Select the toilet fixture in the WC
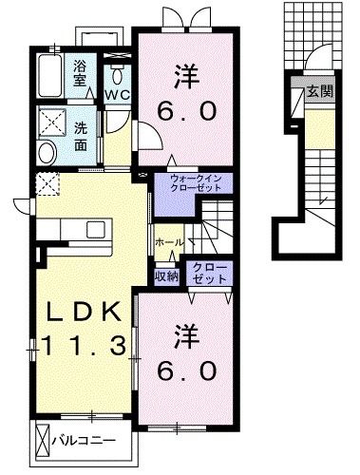[117, 73]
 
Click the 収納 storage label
[167, 276]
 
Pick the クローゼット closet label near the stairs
[209, 274]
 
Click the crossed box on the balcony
[41, 441]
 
